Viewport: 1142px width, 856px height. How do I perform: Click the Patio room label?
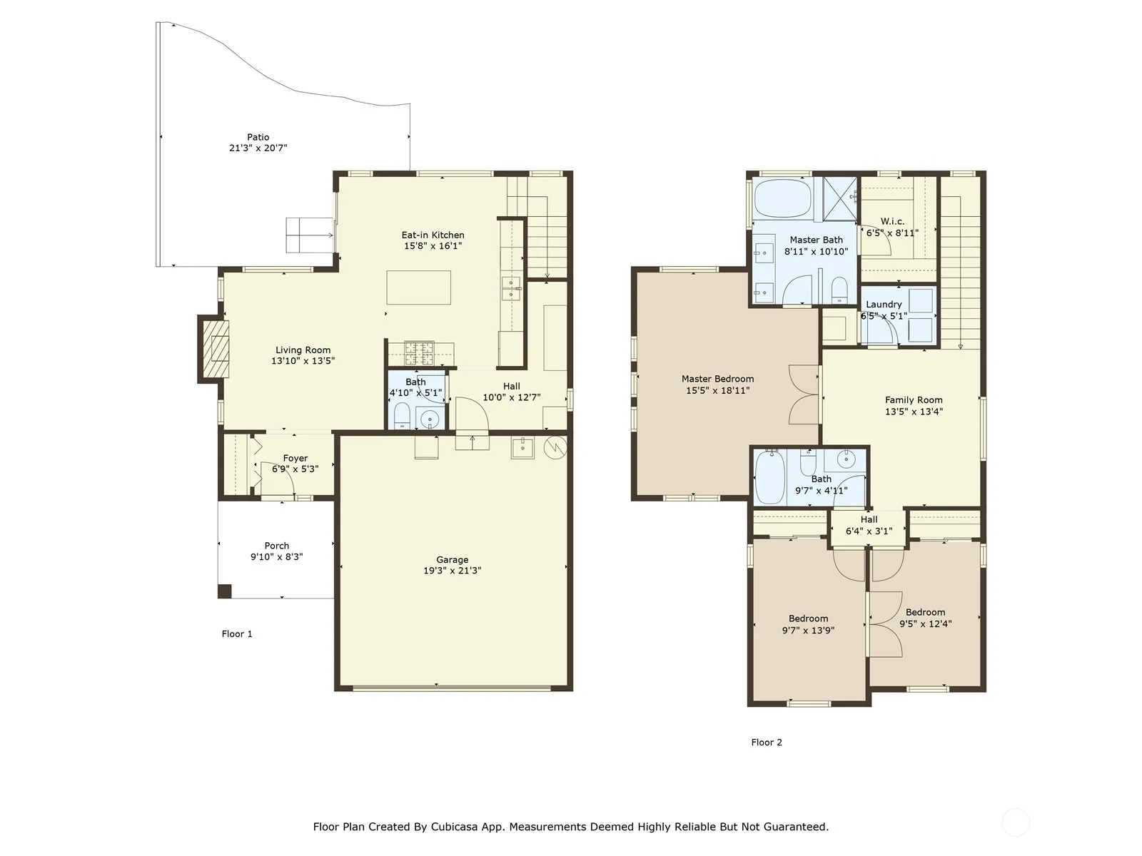(x=258, y=137)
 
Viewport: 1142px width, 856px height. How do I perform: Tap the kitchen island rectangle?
(x=418, y=287)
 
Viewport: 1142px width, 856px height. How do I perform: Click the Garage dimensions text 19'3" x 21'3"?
(x=452, y=570)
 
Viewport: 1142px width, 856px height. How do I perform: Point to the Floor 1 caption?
(x=237, y=633)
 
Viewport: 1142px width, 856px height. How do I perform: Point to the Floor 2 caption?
(x=767, y=742)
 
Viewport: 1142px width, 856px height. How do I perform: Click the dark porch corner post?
(x=224, y=591)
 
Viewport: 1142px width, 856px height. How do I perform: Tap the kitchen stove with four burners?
(x=419, y=353)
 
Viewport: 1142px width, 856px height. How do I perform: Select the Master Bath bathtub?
(x=782, y=198)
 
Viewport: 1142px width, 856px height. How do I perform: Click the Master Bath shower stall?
(x=839, y=198)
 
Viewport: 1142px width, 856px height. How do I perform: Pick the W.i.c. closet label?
(x=892, y=221)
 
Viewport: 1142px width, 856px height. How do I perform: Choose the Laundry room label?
(x=884, y=305)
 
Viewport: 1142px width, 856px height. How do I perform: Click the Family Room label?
(x=914, y=399)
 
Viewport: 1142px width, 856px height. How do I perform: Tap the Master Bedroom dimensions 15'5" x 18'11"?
(x=717, y=390)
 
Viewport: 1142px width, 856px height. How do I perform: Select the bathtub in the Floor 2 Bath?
(x=769, y=478)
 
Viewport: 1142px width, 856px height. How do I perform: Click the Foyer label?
(x=295, y=458)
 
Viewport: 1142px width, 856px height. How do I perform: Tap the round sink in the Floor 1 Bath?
(x=430, y=419)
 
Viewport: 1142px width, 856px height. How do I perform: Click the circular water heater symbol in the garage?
(x=555, y=447)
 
